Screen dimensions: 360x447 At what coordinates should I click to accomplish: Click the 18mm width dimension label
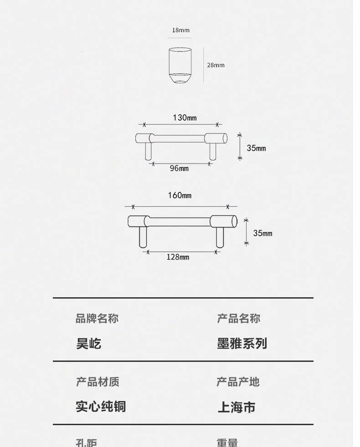click(x=180, y=30)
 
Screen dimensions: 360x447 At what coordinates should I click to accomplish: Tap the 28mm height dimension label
click(x=216, y=65)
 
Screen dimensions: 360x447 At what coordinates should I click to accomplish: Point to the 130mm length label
click(x=185, y=118)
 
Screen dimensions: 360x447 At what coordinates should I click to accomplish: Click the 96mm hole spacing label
click(x=179, y=168)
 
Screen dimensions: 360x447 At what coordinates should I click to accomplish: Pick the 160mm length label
click(x=180, y=196)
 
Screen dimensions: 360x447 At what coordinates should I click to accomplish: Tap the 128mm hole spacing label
click(x=178, y=257)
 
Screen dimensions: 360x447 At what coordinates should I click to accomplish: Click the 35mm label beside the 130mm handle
click(x=256, y=148)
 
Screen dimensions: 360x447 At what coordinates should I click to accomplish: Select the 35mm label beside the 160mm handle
click(x=262, y=233)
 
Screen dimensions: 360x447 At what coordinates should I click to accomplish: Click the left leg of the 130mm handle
click(x=148, y=152)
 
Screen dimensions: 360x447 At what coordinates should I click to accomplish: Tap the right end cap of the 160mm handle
click(x=224, y=221)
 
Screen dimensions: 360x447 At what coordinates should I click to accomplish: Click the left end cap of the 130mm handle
click(x=144, y=138)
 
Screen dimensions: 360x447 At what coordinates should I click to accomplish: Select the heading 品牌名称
click(x=97, y=319)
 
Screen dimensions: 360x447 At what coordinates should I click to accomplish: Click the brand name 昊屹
click(x=88, y=344)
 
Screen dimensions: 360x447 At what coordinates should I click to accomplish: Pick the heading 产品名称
click(x=238, y=319)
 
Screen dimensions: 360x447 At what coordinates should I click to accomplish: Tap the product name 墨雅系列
click(x=242, y=344)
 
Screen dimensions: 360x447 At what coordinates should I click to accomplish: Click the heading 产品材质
click(x=98, y=382)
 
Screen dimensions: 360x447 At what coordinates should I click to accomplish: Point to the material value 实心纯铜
click(x=101, y=406)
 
